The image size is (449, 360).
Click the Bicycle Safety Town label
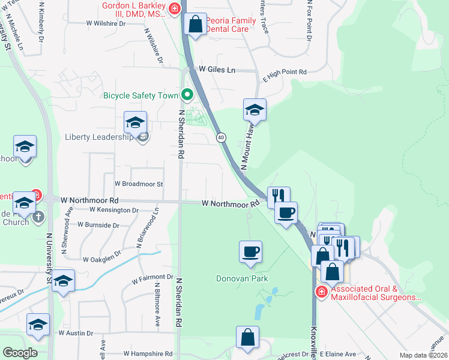[141, 95]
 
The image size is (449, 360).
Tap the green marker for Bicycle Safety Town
[187, 94]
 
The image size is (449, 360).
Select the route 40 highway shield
[221, 137]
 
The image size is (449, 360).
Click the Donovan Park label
[242, 278]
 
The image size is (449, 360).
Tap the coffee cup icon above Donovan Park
[250, 251]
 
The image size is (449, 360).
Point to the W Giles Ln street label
[217, 70]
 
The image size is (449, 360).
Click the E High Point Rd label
[285, 72]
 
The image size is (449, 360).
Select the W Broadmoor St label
[139, 184]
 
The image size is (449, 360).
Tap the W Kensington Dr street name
[114, 210]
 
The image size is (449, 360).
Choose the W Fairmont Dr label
[152, 277]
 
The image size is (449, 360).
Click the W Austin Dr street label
[76, 333]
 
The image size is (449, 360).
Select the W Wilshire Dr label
[106, 23]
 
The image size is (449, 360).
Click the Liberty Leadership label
[98, 137]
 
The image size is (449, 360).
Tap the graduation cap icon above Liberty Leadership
[135, 122]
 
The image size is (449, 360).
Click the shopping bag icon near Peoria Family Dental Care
[196, 25]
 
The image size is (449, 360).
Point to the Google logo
[20, 353]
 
